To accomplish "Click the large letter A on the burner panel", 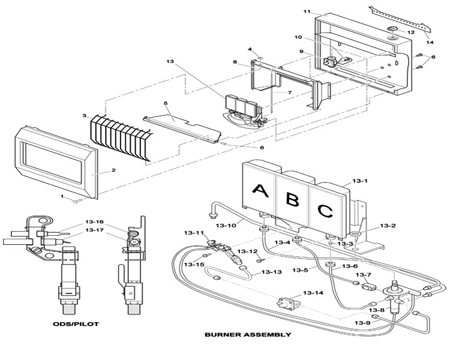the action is (x=260, y=191).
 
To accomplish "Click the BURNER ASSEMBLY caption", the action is (x=248, y=334).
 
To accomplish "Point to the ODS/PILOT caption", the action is (x=76, y=324).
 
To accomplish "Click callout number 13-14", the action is (x=313, y=293).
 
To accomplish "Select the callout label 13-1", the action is (x=360, y=181).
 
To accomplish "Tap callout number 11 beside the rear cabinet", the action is (x=307, y=11).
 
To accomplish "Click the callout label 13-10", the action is (x=226, y=226).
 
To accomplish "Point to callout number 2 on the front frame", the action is (x=113, y=170).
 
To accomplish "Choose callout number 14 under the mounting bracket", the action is (x=430, y=42).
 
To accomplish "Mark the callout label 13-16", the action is (x=95, y=222).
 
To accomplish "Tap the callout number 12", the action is (x=411, y=32).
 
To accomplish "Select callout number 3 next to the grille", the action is (x=84, y=115).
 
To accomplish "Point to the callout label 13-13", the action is (x=271, y=272).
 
